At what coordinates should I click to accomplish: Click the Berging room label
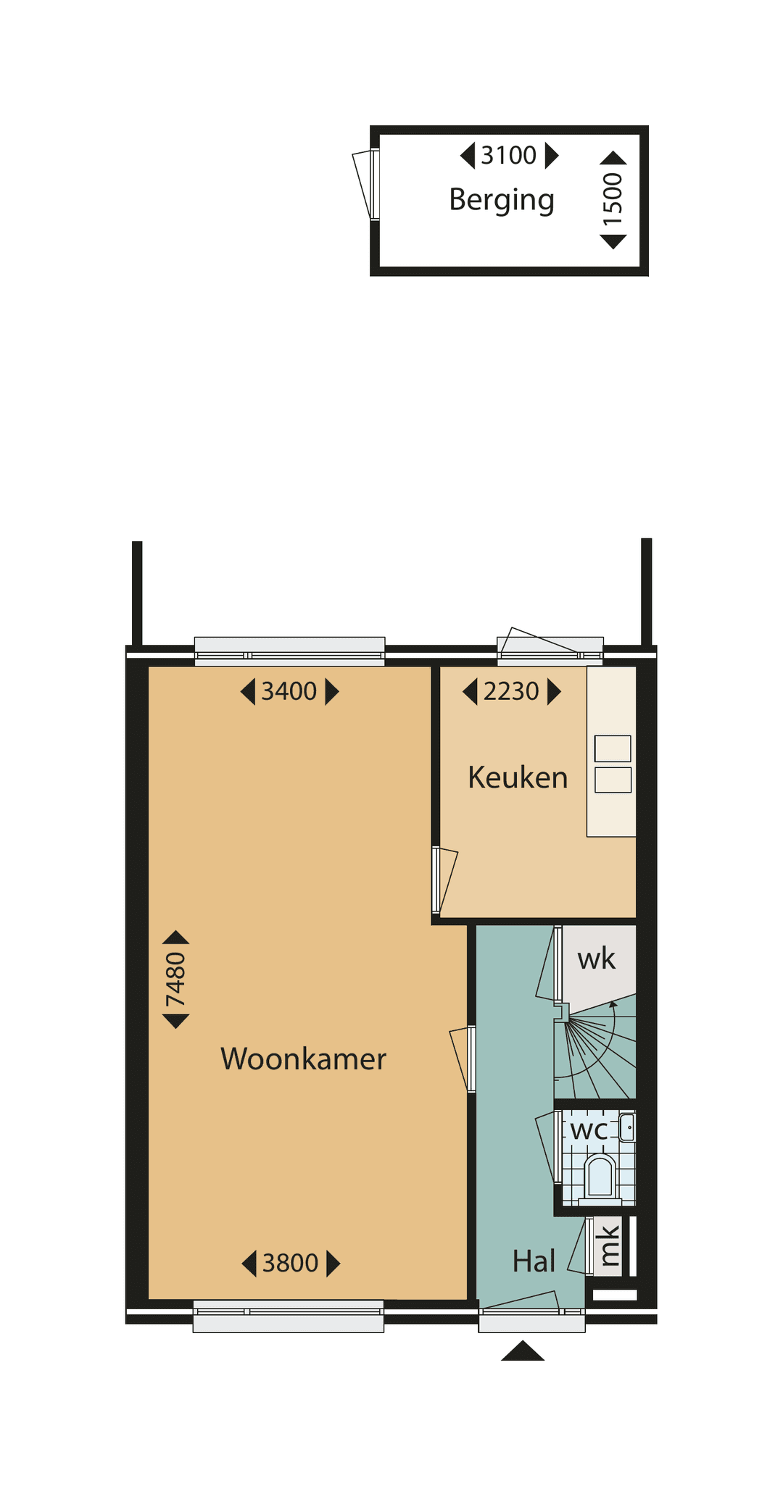[502, 200]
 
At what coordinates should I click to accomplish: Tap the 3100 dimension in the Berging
[509, 155]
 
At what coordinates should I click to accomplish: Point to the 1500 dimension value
[613, 199]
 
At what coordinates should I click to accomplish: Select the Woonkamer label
[303, 1059]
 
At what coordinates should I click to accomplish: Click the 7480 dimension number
[176, 980]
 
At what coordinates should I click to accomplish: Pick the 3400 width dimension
[289, 691]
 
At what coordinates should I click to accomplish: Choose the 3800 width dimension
[291, 1263]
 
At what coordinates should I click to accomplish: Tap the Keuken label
[518, 777]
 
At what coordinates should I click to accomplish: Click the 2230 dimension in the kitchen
[511, 691]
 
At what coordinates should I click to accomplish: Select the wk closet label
[596, 959]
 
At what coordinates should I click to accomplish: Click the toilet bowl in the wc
[600, 1175]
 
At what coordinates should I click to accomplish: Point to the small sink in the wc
[627, 1128]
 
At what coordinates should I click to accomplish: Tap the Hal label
[534, 1261]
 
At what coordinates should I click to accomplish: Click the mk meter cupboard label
[608, 1245]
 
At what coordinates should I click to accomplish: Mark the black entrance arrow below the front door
[523, 1351]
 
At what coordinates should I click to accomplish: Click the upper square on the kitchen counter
[613, 748]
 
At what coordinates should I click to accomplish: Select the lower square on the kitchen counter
[613, 780]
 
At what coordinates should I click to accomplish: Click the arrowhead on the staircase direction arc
[613, 1004]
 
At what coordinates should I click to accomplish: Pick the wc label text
[589, 1130]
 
